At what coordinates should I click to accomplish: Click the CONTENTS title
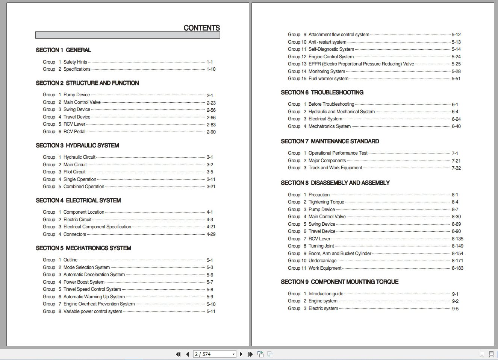[x=201, y=28]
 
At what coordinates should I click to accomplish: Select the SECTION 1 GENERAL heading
[x=63, y=50]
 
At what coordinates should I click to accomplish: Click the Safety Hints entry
[x=75, y=62]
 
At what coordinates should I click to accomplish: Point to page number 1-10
[x=211, y=69]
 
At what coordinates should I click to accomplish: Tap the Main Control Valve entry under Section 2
[x=82, y=102]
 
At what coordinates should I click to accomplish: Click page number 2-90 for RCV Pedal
[x=211, y=132]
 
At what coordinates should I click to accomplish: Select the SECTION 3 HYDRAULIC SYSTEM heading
[x=77, y=146]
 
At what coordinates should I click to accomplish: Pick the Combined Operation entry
[x=84, y=187]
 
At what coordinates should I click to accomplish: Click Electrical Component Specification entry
[x=97, y=227]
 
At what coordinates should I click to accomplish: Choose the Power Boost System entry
[x=84, y=282]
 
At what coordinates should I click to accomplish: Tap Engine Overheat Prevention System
[x=99, y=304]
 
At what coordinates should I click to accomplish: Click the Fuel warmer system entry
[x=328, y=79]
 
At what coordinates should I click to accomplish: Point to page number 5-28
[x=456, y=71]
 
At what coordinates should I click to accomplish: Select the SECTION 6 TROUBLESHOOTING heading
[x=322, y=93]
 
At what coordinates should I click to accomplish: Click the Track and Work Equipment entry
[x=335, y=168]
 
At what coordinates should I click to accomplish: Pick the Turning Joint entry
[x=321, y=246]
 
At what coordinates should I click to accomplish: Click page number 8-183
[x=457, y=268]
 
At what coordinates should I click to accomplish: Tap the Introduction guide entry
[x=325, y=294]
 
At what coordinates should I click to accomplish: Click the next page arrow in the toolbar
[x=241, y=354]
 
